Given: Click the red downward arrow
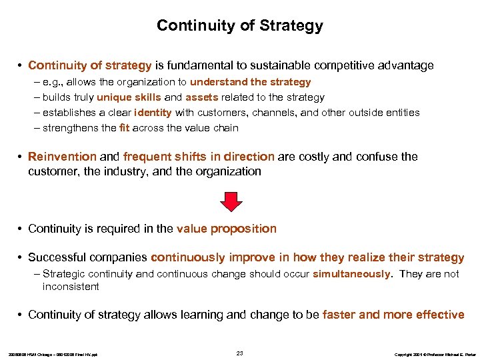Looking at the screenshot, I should (231, 201).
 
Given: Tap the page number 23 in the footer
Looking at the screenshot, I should (240, 352).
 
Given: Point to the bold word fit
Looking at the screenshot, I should (123, 128).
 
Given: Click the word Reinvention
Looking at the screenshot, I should (62, 157).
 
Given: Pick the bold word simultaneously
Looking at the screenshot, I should (351, 274).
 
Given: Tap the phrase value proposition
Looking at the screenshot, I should (227, 229).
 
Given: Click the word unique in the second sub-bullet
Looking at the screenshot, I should (115, 97).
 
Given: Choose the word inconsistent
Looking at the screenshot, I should (71, 287).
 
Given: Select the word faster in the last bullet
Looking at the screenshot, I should (339, 315).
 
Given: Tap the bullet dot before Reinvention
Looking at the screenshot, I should (21, 157).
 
